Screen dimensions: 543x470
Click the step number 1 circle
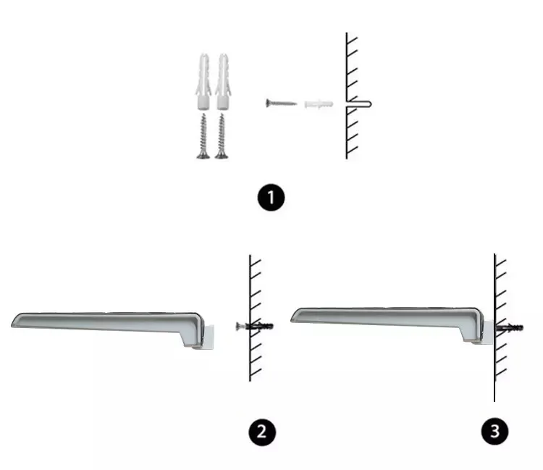point(271,198)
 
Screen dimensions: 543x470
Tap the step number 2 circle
point(262,432)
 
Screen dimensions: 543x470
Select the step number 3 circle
point(495,431)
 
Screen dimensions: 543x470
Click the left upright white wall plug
point(203,81)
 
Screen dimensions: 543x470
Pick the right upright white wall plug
point(222,81)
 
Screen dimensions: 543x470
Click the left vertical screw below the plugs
point(203,136)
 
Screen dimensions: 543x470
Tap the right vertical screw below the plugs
point(222,136)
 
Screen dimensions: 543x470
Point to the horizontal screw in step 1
point(281,103)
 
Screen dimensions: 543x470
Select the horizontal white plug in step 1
point(319,104)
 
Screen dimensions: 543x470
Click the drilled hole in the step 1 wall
point(359,104)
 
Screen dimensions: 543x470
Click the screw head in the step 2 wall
point(239,326)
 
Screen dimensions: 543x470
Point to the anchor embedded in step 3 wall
point(510,327)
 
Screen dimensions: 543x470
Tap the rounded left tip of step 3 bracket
point(294,316)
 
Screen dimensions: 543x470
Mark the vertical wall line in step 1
point(346,96)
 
